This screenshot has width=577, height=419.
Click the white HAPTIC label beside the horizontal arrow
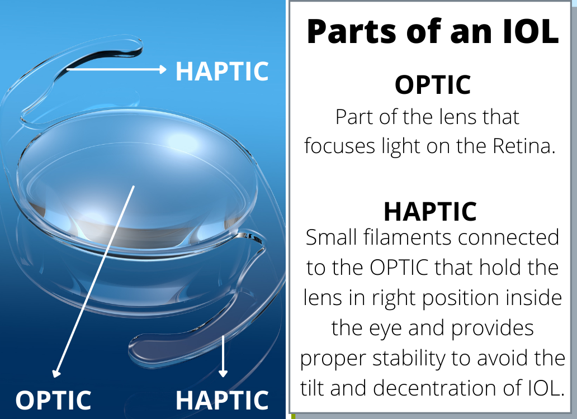tap(222, 71)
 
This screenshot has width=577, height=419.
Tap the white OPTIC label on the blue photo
tap(53, 400)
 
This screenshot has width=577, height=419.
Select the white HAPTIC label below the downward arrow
tap(222, 400)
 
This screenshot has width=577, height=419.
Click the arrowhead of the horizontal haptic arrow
tap(163, 69)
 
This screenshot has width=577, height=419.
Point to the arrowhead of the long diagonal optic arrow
tap(56, 373)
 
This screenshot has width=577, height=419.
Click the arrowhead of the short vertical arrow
tap(223, 373)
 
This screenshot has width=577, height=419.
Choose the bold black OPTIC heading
tap(432, 85)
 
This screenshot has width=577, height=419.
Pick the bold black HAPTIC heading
tap(430, 211)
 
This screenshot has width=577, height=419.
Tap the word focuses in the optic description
tap(339, 146)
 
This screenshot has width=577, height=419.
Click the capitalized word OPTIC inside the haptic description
tap(399, 267)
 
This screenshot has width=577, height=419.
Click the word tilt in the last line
tap(313, 388)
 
